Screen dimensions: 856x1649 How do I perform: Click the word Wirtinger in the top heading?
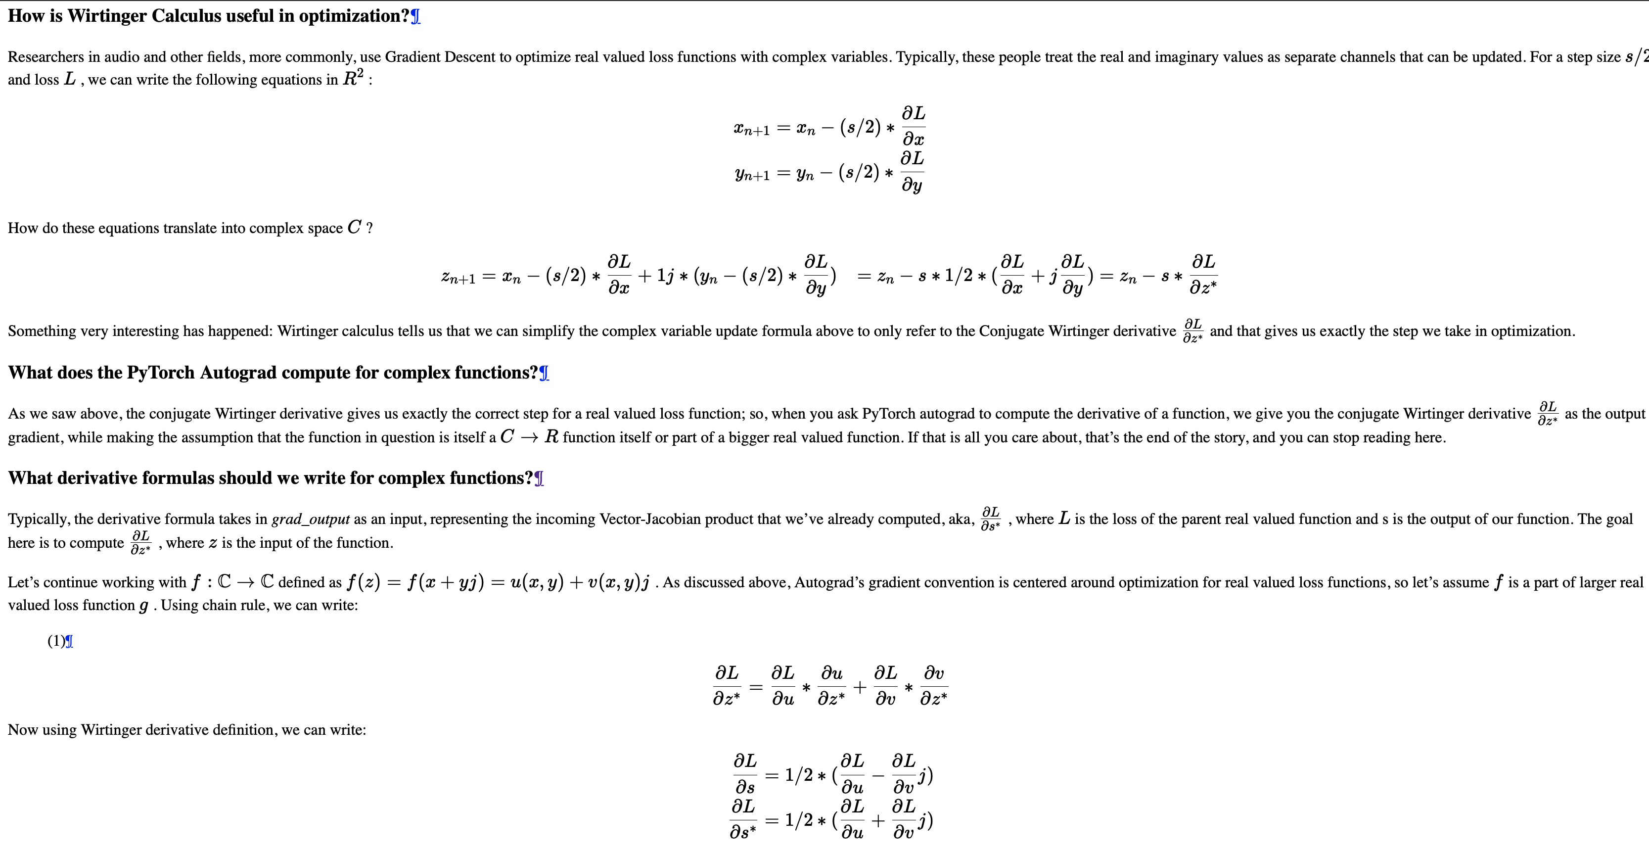[x=107, y=16]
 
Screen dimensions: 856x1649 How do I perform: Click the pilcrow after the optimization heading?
[x=415, y=17]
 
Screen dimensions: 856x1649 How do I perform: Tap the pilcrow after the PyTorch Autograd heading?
[x=544, y=373]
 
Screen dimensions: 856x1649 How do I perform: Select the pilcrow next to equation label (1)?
[x=69, y=642]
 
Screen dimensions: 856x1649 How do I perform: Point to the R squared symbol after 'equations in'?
[x=353, y=79]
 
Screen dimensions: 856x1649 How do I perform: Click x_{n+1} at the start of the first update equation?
[x=751, y=129]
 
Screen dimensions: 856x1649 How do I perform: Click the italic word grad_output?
[x=311, y=519]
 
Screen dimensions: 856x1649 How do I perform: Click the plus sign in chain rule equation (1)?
[x=860, y=687]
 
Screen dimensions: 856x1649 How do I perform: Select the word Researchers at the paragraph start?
[x=46, y=57]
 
